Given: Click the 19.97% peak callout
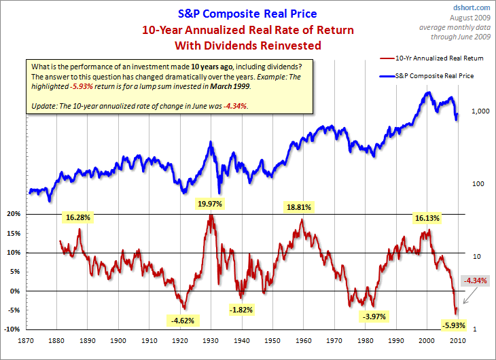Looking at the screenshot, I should coord(211,204).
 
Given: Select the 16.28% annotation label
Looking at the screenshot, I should coord(79,218).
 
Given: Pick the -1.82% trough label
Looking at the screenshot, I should coord(242,310).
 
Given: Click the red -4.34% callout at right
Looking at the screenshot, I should coord(474,280).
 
